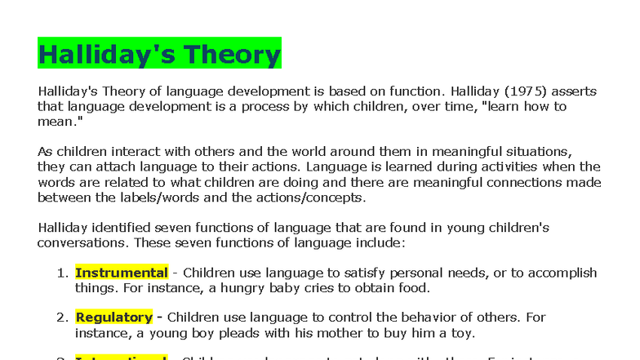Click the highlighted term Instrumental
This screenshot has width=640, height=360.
(122, 273)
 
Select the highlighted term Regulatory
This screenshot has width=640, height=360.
(114, 317)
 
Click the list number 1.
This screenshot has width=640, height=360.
(62, 273)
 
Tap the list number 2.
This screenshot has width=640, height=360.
(62, 317)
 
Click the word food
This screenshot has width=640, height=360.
(413, 288)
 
